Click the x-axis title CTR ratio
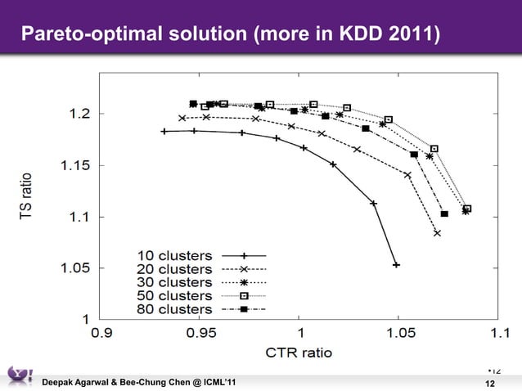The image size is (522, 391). [x=299, y=353]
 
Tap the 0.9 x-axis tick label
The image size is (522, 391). [x=101, y=334]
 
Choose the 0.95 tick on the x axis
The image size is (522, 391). [x=200, y=334]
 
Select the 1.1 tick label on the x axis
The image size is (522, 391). [x=497, y=334]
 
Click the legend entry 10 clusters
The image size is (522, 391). [x=173, y=256]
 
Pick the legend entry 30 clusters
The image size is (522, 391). [x=173, y=282]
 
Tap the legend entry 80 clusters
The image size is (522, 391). [x=173, y=310]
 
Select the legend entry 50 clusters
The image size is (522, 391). [x=173, y=296]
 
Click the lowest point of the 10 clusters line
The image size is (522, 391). [x=396, y=265]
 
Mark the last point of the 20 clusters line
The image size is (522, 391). [x=438, y=233]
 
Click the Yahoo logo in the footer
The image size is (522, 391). [x=19, y=375]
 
